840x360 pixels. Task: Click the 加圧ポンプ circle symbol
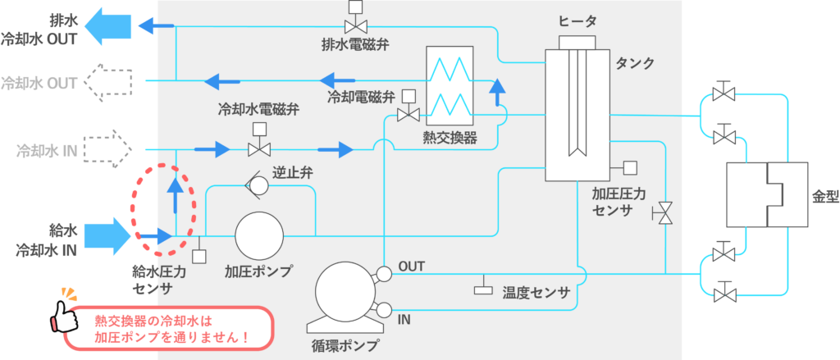258,235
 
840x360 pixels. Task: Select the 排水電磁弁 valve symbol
355,25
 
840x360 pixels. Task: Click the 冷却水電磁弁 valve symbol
259,148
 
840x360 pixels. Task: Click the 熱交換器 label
450,136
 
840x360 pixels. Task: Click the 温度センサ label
536,292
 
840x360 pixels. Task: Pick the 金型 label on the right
823,198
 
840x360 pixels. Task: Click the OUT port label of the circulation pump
411,267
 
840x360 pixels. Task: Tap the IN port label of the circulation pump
404,318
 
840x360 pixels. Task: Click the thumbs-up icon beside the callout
68,313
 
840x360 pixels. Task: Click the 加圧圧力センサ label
619,203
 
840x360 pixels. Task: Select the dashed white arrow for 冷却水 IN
107,149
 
